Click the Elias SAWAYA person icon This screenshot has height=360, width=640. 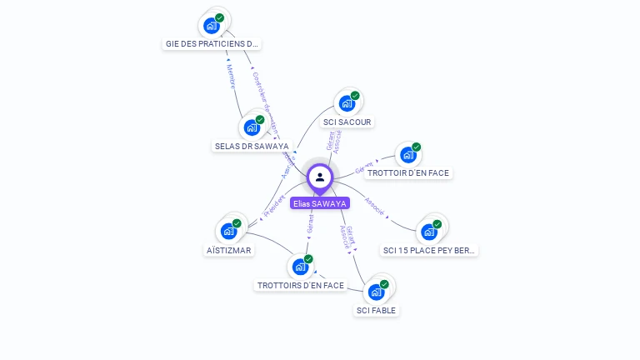pyautogui.click(x=320, y=177)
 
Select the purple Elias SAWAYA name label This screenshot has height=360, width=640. pyautogui.click(x=320, y=203)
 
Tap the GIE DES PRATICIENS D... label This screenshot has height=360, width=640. pyautogui.click(x=212, y=43)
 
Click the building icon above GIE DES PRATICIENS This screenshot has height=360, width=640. pyautogui.click(x=212, y=25)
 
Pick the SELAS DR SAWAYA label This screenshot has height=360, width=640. pyautogui.click(x=252, y=146)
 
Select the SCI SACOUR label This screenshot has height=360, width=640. pyautogui.click(x=347, y=122)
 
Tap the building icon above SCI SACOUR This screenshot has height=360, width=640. pyautogui.click(x=347, y=103)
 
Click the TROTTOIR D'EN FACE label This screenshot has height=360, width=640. pyautogui.click(x=408, y=173)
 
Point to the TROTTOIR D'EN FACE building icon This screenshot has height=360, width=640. pyautogui.click(x=407, y=154)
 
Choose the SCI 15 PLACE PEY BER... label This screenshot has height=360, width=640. pyautogui.click(x=430, y=250)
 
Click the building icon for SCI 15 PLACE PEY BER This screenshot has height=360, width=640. pyautogui.click(x=430, y=231)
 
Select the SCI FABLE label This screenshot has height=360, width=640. pyautogui.click(x=377, y=311)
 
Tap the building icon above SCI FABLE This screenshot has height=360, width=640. pyautogui.click(x=377, y=292)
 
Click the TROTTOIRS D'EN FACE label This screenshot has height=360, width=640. pyautogui.click(x=300, y=285)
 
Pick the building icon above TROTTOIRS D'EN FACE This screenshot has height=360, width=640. pyautogui.click(x=300, y=267)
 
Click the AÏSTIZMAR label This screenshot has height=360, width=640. pyautogui.click(x=229, y=250)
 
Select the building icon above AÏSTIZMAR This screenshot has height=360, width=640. pyautogui.click(x=229, y=231)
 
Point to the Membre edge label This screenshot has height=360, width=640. pyautogui.click(x=231, y=76)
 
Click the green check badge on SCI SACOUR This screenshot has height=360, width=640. pyautogui.click(x=355, y=96)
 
